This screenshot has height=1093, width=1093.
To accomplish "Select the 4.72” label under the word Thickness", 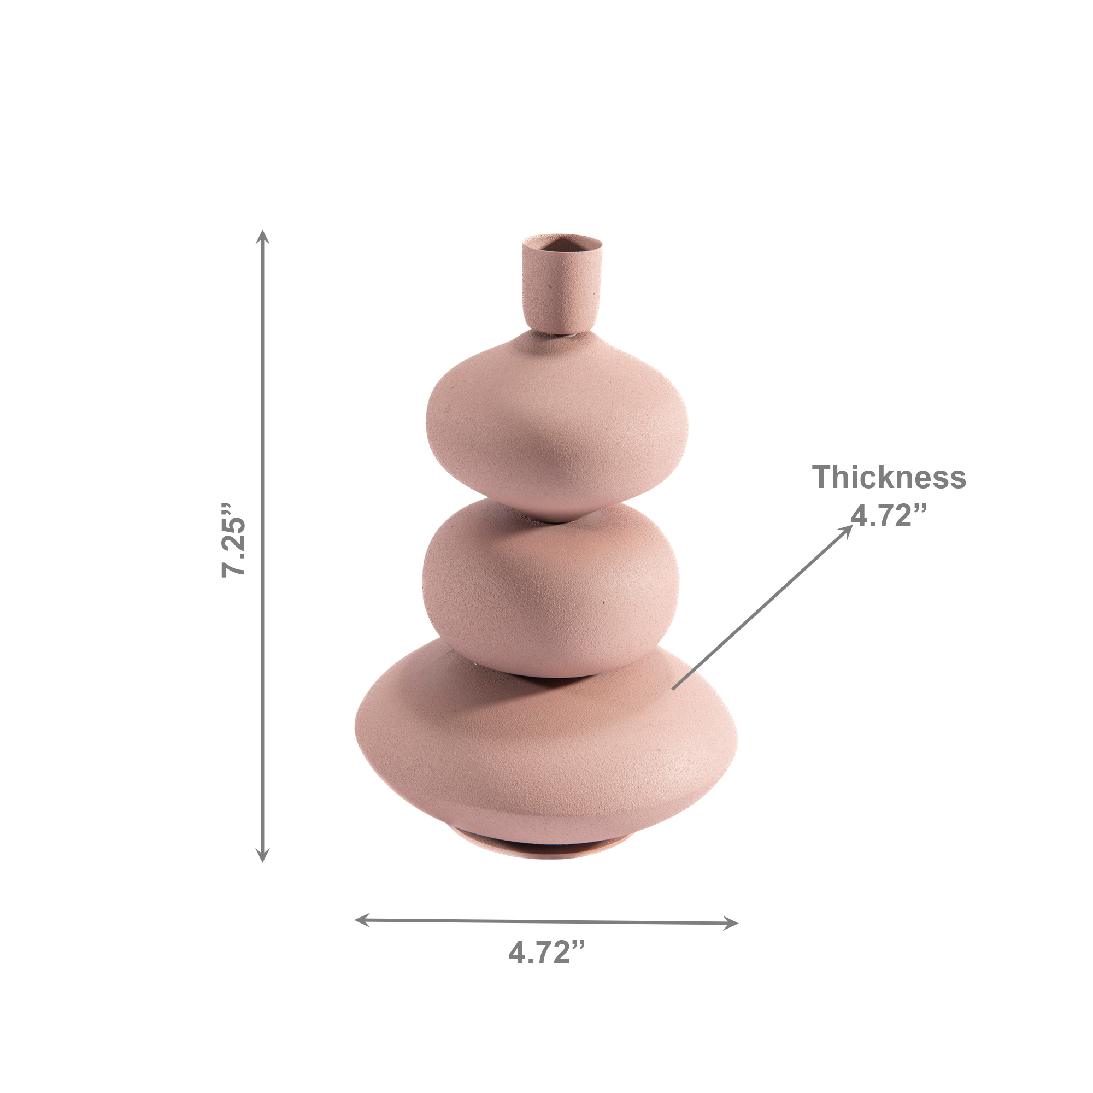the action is click(889, 515).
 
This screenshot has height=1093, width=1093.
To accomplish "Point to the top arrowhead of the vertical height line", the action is click(262, 236).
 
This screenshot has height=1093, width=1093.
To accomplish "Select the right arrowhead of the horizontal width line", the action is click(731, 923).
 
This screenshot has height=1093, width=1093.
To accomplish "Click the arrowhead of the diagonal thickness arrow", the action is click(847, 531).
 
